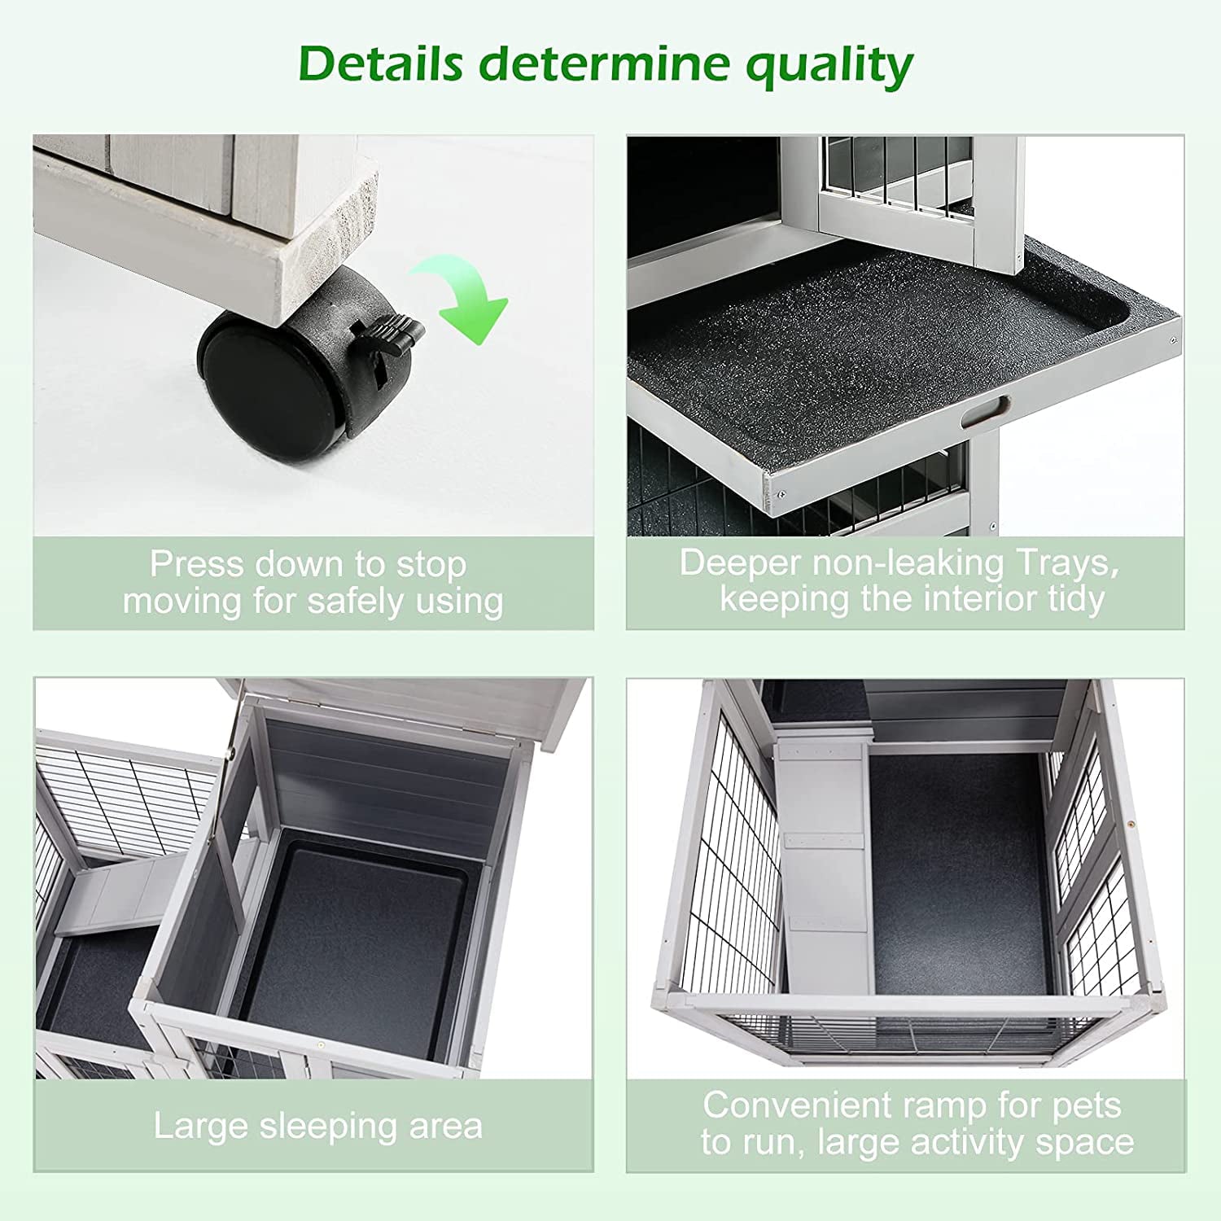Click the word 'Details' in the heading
380,63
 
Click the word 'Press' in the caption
197,563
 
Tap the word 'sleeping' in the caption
333,1127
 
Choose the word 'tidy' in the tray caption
1076,599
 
